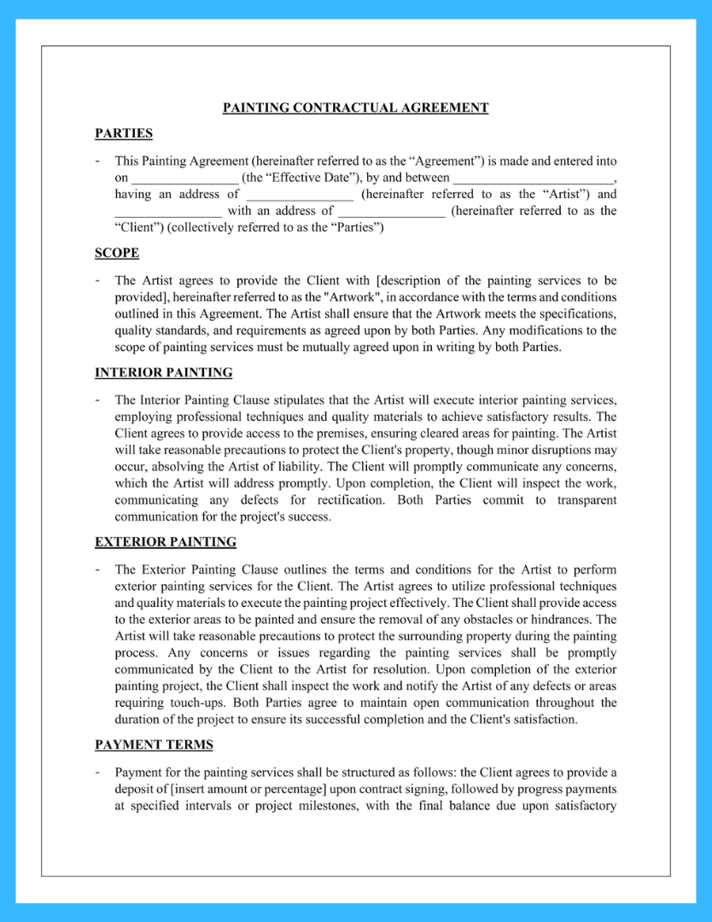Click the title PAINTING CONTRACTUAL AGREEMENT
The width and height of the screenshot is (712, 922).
pyautogui.click(x=355, y=108)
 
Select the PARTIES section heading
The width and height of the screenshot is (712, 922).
pyautogui.click(x=124, y=133)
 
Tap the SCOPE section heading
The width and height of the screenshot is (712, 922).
pyautogui.click(x=117, y=253)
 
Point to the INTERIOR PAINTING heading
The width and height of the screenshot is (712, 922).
pyautogui.click(x=163, y=372)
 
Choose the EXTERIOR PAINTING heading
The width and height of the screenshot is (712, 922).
pyautogui.click(x=166, y=542)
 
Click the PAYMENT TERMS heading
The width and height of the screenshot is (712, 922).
pyautogui.click(x=154, y=745)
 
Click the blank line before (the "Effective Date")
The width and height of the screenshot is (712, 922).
pyautogui.click(x=184, y=178)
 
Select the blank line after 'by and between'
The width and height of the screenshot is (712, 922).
pyautogui.click(x=533, y=178)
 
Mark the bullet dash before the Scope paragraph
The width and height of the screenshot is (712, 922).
pyautogui.click(x=98, y=280)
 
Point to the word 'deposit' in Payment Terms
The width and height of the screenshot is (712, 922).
pyautogui.click(x=136, y=789)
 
